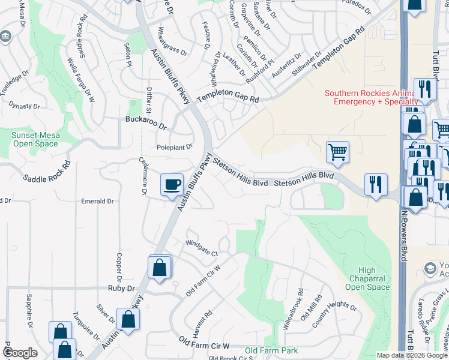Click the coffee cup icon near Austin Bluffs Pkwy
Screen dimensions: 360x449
(172, 184)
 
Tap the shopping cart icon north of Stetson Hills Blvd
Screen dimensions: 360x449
(337, 152)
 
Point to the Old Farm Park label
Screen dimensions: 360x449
(271, 350)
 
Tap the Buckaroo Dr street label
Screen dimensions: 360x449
(145, 122)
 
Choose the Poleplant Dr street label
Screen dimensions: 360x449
(174, 146)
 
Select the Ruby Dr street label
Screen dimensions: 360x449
(122, 289)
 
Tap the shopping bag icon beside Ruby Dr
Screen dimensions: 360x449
(160, 268)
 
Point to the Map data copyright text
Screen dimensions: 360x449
(411, 355)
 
